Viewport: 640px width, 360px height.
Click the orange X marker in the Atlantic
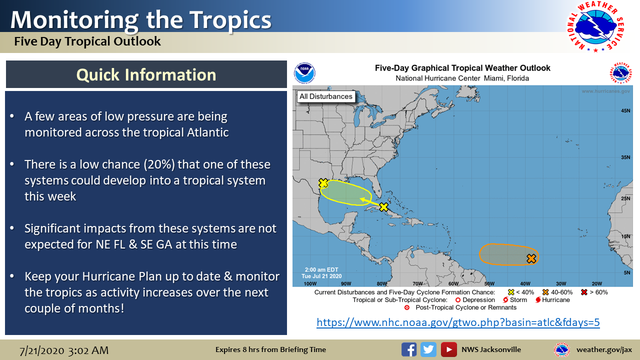point(531,258)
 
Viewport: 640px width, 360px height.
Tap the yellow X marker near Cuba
point(383,206)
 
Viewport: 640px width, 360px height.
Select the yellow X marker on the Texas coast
point(323,183)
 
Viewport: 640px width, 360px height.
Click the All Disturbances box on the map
point(325,96)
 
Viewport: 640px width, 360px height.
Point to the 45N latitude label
point(625,110)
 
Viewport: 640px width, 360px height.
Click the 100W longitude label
point(310,283)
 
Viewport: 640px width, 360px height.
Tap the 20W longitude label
point(597,283)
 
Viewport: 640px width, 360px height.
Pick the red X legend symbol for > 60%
point(584,292)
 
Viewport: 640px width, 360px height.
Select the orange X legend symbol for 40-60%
point(545,292)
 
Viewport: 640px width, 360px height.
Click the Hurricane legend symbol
point(538,300)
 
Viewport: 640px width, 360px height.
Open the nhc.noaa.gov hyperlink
point(458,322)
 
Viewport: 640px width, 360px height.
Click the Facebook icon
point(409,349)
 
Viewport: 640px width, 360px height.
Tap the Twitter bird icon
point(428,349)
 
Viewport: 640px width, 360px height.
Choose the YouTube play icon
point(448,349)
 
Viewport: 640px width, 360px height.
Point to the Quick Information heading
point(146,75)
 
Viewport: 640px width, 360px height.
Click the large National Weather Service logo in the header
point(595,26)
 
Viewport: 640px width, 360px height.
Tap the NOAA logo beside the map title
point(305,73)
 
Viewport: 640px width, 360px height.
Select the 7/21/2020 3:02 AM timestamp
point(64,350)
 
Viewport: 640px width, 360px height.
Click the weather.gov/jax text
point(604,349)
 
